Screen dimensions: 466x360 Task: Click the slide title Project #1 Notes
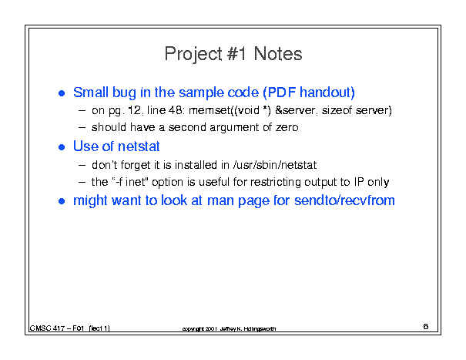[233, 54]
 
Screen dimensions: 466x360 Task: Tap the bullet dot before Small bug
[62, 93]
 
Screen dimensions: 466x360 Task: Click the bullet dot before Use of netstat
[62, 147]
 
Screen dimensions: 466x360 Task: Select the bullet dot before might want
[62, 201]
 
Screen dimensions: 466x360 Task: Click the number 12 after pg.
[134, 110]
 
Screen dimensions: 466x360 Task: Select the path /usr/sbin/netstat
[275, 165]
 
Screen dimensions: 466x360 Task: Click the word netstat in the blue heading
[139, 146]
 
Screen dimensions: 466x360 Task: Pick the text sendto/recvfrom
[344, 200]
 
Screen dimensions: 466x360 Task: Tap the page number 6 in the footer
[426, 326]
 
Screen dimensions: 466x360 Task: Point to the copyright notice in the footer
[229, 328]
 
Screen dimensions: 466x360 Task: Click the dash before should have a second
[82, 128]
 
